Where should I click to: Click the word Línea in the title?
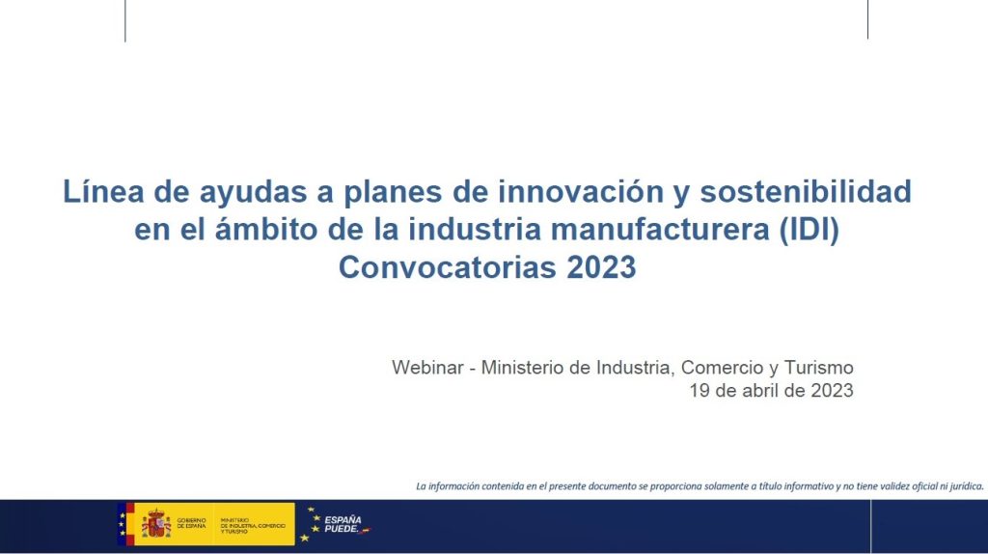click(x=103, y=191)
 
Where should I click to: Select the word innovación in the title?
click(x=581, y=191)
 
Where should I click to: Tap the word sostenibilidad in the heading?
click(x=806, y=191)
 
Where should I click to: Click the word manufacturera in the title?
click(x=660, y=230)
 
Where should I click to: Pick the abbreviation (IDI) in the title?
click(x=810, y=230)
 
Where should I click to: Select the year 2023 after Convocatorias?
click(x=601, y=267)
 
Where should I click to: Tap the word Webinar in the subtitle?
click(x=427, y=368)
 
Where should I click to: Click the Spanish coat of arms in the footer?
click(x=155, y=523)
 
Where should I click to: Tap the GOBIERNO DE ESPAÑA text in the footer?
click(x=191, y=523)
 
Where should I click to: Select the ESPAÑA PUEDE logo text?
click(x=343, y=524)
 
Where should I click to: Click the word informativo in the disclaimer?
click(x=806, y=485)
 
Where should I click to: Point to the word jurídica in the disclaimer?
click(x=966, y=485)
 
